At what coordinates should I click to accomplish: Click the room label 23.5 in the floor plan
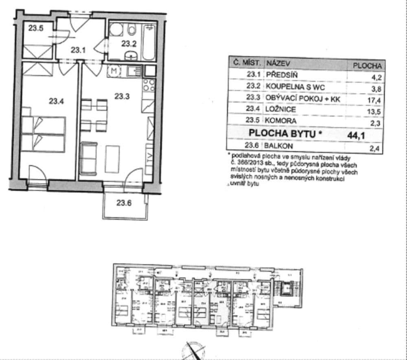click(36, 28)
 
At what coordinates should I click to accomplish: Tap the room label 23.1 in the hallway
click(78, 50)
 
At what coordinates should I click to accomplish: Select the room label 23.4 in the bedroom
click(57, 101)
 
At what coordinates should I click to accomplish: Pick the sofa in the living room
click(88, 157)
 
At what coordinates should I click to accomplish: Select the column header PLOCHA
click(367, 65)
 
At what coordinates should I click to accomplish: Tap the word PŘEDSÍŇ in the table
click(282, 75)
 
